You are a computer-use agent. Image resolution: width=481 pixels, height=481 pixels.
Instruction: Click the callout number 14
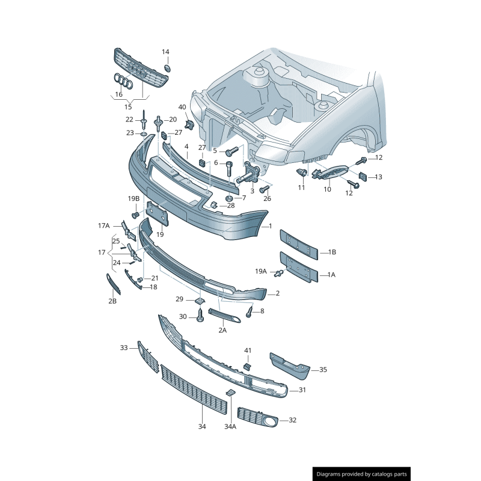pyautogui.click(x=165, y=52)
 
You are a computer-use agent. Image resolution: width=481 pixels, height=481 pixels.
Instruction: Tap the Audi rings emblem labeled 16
pyautogui.click(x=123, y=81)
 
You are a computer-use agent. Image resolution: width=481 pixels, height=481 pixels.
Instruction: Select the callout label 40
pyautogui.click(x=182, y=107)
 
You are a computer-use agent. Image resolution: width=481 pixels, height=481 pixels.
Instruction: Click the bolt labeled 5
pyautogui.click(x=232, y=151)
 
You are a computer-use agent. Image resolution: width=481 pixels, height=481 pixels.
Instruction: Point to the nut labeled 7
pyautogui.click(x=230, y=198)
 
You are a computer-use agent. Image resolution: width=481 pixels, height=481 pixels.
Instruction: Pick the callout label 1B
pyautogui.click(x=332, y=252)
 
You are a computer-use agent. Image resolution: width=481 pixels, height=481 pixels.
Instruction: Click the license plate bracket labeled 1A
pyautogui.click(x=299, y=267)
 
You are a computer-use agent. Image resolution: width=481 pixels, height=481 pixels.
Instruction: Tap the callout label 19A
pyautogui.click(x=261, y=271)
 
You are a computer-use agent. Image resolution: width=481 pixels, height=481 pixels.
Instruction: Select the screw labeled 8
pyautogui.click(x=250, y=311)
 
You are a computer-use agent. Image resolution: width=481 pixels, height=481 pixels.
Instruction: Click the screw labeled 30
pyautogui.click(x=200, y=316)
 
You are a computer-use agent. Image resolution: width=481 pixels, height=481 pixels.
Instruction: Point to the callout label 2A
pyautogui.click(x=222, y=330)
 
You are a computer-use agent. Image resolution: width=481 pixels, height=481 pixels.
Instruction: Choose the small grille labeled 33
pyautogui.click(x=148, y=357)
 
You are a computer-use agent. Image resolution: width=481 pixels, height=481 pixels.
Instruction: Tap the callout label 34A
pyautogui.click(x=230, y=426)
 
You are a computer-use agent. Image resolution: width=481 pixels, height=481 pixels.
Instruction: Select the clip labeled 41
pyautogui.click(x=247, y=366)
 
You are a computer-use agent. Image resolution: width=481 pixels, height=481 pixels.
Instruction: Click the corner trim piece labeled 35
pyautogui.click(x=290, y=367)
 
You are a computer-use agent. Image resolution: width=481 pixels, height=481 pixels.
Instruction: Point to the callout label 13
pyautogui.click(x=379, y=177)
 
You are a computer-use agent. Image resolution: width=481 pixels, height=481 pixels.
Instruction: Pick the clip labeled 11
pyautogui.click(x=301, y=173)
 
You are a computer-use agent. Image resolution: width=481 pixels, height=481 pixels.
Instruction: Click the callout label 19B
pyautogui.click(x=133, y=199)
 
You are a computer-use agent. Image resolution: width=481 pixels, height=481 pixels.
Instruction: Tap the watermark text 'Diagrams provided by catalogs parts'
pyautogui.click(x=362, y=474)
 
